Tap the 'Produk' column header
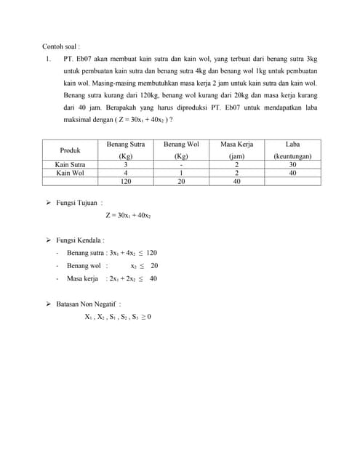(71, 150)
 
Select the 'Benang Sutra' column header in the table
(126, 145)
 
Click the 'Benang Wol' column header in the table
(181, 145)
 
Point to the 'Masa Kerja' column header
(236, 145)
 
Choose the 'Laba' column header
(292, 145)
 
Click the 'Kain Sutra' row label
(71, 164)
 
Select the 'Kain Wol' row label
(71, 173)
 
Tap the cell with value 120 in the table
(126, 182)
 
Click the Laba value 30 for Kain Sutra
(292, 164)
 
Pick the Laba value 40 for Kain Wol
(292, 173)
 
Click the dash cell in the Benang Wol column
(181, 164)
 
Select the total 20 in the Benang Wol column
(181, 182)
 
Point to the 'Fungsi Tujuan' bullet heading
(79, 203)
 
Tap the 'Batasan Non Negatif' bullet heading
(88, 304)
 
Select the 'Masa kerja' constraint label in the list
(82, 278)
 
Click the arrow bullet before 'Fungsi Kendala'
(49, 240)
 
